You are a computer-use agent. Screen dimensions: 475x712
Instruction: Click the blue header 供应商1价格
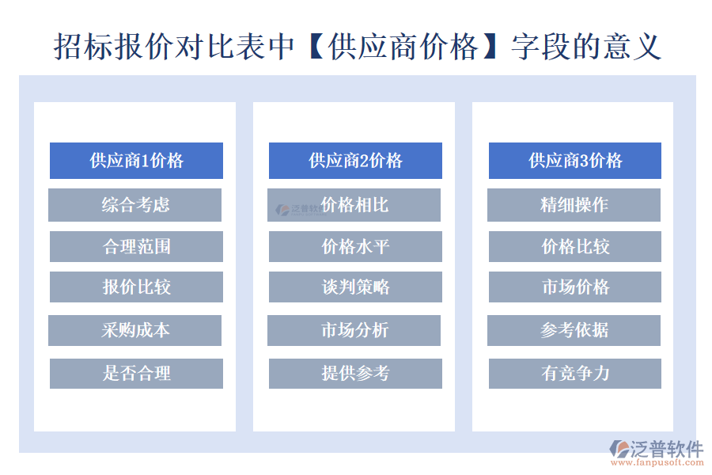pyautogui.click(x=136, y=161)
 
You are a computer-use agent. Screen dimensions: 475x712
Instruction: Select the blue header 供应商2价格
pyautogui.click(x=355, y=161)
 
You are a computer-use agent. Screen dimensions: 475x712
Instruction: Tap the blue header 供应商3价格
pyautogui.click(x=574, y=161)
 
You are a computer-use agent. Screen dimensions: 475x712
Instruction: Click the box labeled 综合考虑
pyautogui.click(x=135, y=205)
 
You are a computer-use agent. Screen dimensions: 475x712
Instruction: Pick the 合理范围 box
pyautogui.click(x=136, y=246)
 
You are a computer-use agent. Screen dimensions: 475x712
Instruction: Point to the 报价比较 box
pyautogui.click(x=136, y=287)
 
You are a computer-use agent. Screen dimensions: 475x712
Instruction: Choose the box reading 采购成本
pyautogui.click(x=135, y=330)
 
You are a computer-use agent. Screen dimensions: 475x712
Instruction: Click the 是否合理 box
pyautogui.click(x=136, y=373)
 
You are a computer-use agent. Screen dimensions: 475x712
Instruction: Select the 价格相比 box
pyautogui.click(x=354, y=205)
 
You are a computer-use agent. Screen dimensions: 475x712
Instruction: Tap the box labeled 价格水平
pyautogui.click(x=355, y=246)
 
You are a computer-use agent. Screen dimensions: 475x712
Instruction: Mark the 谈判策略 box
pyautogui.click(x=355, y=287)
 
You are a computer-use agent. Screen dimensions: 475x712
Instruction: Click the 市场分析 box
pyautogui.click(x=354, y=330)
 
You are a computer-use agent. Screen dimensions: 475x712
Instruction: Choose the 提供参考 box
pyautogui.click(x=355, y=373)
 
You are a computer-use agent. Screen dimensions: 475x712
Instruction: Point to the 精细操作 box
pyautogui.click(x=574, y=205)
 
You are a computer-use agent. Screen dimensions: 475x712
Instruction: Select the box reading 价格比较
pyautogui.click(x=574, y=246)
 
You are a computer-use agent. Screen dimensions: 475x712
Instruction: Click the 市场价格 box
pyautogui.click(x=574, y=287)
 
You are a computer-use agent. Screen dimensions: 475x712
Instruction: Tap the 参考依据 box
pyautogui.click(x=574, y=330)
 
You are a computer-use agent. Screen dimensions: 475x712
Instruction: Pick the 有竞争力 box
pyautogui.click(x=574, y=373)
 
